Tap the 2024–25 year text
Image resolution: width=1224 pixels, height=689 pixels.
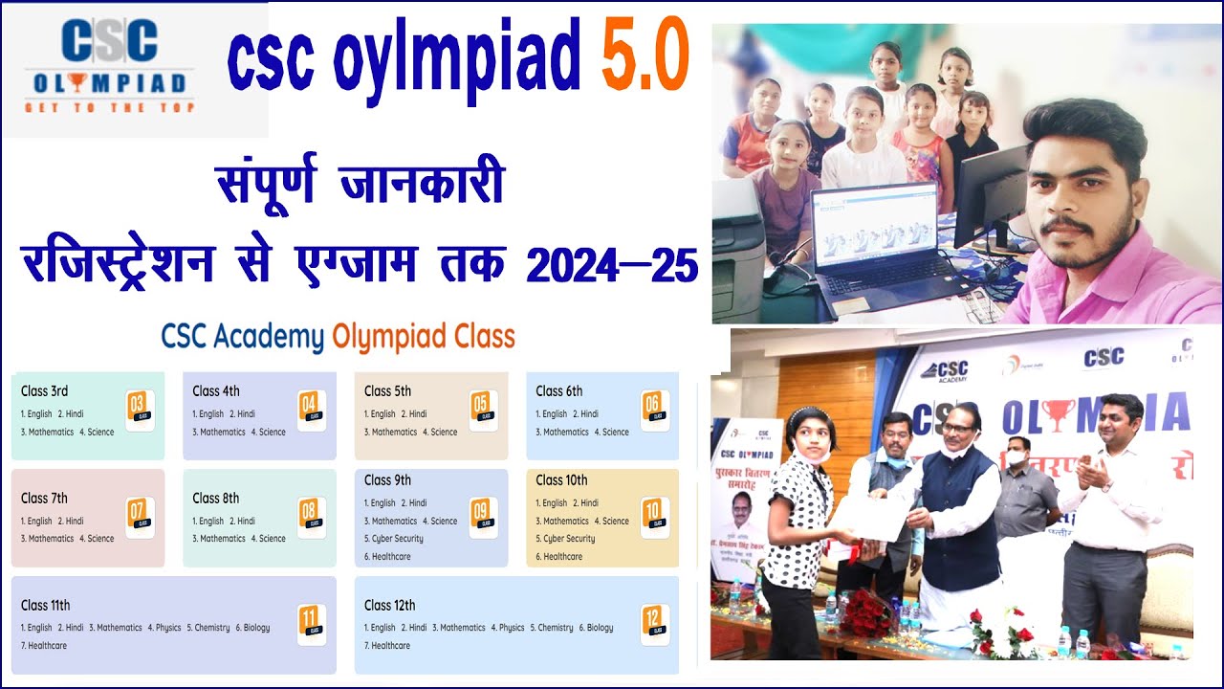click(612, 264)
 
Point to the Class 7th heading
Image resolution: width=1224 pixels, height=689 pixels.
click(44, 498)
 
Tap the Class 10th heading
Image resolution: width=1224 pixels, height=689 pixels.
click(561, 480)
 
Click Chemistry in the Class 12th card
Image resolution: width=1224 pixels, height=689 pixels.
click(556, 628)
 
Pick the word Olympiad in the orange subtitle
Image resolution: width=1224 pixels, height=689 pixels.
click(424, 337)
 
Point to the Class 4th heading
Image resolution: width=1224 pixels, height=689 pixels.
click(215, 390)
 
